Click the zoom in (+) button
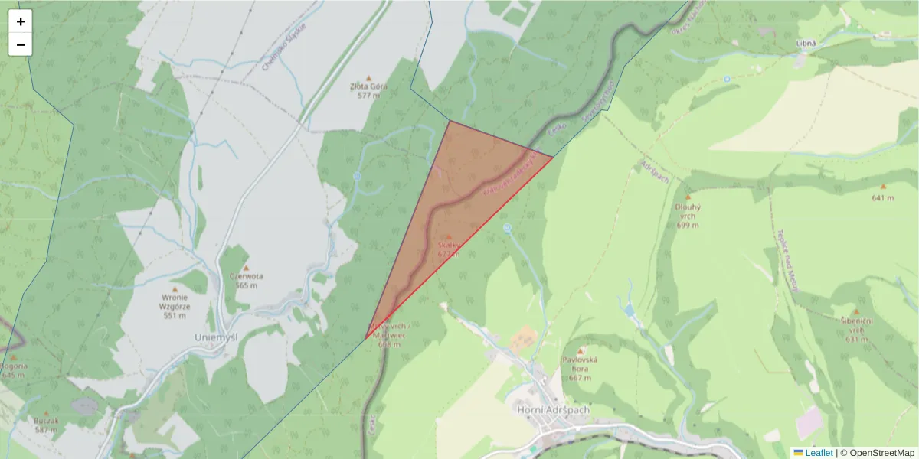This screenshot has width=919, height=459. pos(20,21)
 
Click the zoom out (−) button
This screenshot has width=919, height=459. pos(20,44)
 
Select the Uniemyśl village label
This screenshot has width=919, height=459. pos(216,337)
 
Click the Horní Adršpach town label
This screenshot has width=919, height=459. pos(554,409)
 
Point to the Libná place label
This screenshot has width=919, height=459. pos(806,44)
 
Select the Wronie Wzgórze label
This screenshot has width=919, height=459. pos(175,306)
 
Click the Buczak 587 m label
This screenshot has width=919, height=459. pos(46,425)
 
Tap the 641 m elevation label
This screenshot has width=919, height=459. pos(882,198)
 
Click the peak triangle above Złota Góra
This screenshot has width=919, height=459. pos(368,77)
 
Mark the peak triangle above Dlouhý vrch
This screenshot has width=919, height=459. pos(687,197)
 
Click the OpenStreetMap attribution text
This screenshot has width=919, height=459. pos(882,453)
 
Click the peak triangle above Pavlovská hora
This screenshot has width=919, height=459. pos(580,350)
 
